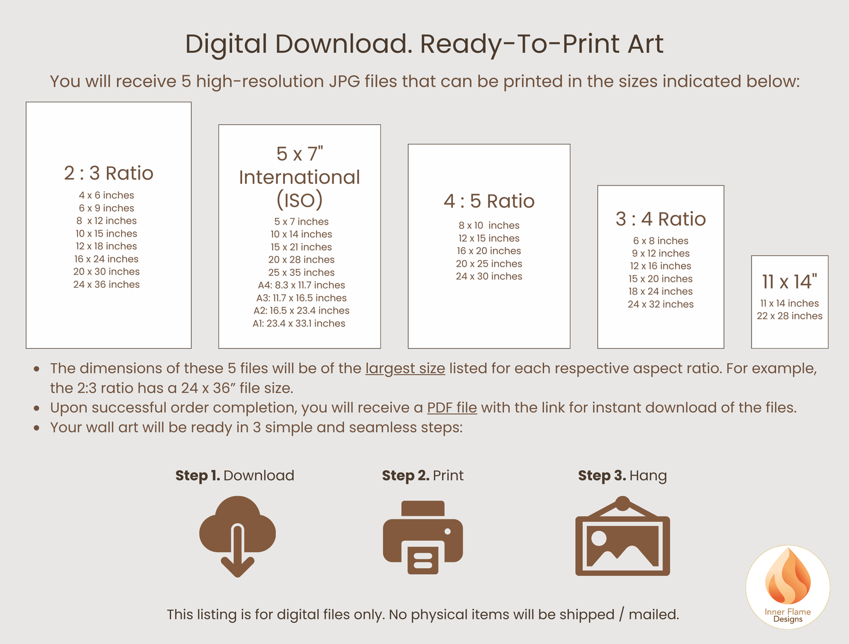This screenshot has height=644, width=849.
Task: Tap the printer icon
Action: (423, 537)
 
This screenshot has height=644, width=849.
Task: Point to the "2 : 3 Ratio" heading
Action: (109, 173)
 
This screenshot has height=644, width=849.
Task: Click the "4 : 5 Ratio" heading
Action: (489, 201)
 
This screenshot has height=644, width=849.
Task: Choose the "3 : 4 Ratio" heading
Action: (660, 219)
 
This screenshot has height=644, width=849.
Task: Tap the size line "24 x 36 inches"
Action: (106, 285)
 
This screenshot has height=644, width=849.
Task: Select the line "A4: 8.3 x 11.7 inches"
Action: (301, 285)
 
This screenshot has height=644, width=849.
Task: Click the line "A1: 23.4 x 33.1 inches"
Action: (299, 323)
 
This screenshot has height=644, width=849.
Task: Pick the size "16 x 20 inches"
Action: (489, 251)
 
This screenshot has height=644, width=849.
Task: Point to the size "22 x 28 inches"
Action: (790, 316)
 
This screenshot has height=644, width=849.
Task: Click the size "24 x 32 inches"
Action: (660, 305)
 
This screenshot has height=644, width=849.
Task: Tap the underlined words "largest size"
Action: (405, 369)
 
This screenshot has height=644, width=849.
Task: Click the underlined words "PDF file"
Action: (452, 407)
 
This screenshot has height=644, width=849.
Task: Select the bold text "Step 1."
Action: (197, 476)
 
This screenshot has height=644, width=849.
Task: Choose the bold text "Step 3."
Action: (602, 476)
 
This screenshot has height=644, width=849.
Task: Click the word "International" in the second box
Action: (300, 177)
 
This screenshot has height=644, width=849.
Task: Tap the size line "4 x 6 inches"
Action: (106, 195)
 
